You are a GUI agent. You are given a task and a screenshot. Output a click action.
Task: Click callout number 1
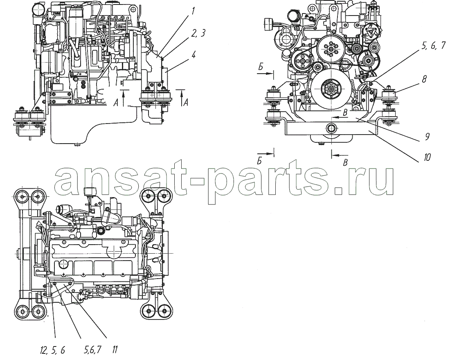(193, 12)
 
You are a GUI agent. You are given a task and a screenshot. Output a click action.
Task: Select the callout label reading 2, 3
(198, 34)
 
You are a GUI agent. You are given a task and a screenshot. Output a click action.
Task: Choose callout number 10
(427, 157)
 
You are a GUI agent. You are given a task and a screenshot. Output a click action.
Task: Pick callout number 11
(115, 350)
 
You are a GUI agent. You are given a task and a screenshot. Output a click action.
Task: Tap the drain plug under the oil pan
(76, 145)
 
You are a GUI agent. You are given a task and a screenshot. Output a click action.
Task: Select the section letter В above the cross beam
(346, 113)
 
